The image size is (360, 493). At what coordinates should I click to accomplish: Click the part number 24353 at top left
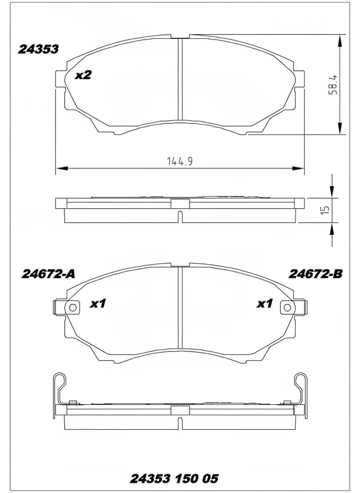pos(38,49)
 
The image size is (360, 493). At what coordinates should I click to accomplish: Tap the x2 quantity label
pos(83,75)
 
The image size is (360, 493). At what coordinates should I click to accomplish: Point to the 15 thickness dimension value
pos(326,209)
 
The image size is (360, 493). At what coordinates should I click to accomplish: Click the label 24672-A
pos(48,274)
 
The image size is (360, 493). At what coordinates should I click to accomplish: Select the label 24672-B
pos(315,274)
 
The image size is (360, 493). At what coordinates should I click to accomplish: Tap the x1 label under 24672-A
pos(98,304)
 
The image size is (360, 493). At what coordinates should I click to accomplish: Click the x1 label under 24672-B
pos(264,304)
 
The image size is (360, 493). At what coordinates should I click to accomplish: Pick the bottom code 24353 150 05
pos(174,479)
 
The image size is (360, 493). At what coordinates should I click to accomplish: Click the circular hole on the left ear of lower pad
pos(72,308)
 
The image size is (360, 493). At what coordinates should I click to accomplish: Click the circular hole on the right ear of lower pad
pos(287,308)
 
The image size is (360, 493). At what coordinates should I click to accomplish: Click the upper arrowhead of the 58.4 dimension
pos(340,41)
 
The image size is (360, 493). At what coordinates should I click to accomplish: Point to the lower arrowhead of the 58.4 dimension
pos(340,128)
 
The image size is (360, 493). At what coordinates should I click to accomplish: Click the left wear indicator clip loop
pos(60,380)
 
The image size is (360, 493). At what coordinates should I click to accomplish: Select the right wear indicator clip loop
pos(300,380)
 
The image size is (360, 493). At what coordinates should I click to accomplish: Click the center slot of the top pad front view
pos(180,79)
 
